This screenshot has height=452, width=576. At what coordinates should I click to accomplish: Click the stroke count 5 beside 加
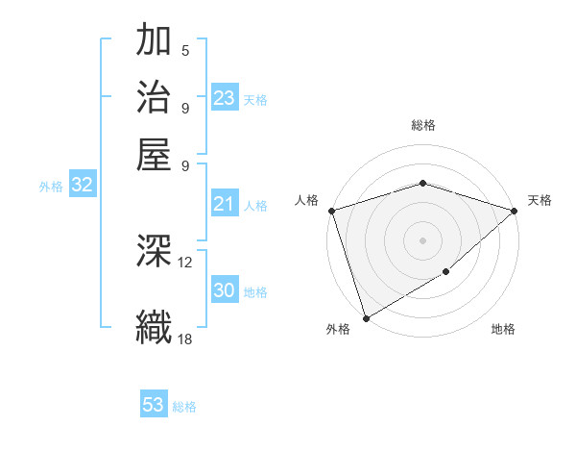coord(185,51)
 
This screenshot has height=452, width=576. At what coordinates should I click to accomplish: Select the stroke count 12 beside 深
coord(185,262)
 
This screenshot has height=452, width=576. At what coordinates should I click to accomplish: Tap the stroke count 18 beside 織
coord(185,338)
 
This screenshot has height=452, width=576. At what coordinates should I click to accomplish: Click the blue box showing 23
coord(224,98)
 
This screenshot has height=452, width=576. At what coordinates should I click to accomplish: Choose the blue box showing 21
coord(224,204)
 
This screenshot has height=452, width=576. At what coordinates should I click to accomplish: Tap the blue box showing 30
coord(224,290)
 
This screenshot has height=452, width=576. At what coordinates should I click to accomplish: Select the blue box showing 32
coord(82,186)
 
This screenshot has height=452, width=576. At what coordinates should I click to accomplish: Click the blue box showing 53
coord(154,405)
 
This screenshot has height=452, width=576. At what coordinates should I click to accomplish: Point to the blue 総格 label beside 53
coord(184,407)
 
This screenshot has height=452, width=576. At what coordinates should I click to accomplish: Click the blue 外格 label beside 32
coord(51,187)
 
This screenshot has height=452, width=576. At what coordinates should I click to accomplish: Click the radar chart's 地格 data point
coord(446,272)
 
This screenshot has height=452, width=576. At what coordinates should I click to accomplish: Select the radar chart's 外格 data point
coord(366,317)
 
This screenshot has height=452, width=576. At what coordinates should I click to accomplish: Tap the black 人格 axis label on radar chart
coord(307,200)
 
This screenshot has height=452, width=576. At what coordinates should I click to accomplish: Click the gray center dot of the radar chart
coord(422,239)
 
